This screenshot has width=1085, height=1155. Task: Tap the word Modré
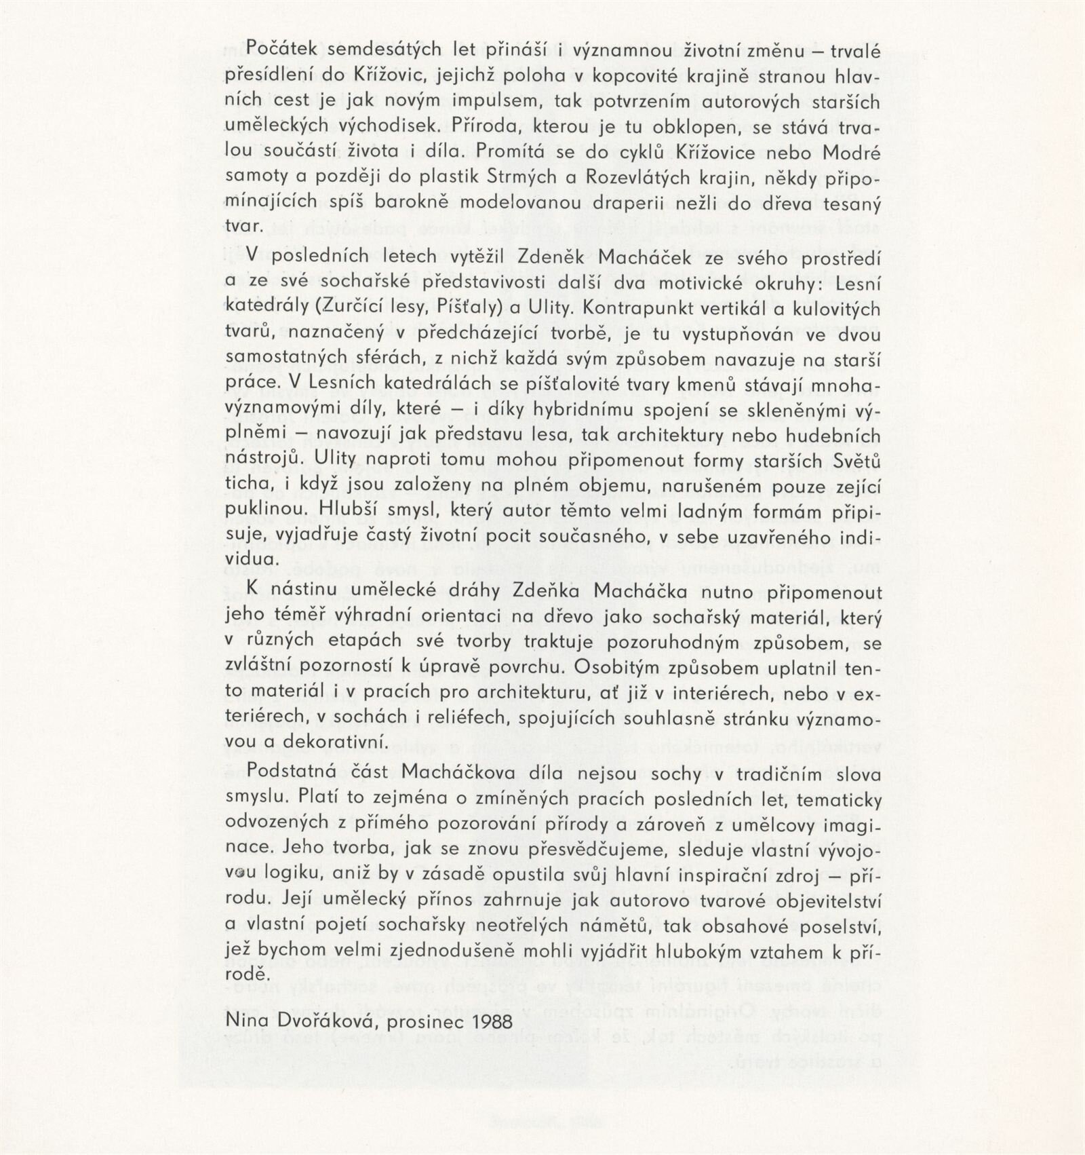point(852,153)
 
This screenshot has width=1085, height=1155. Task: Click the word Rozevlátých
point(631,178)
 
